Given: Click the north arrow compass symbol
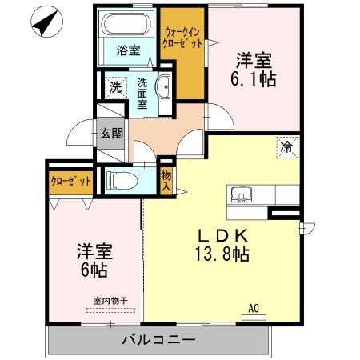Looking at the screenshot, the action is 47,22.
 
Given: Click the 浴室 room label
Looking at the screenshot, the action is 128,50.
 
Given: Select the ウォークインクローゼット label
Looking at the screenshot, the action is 182,38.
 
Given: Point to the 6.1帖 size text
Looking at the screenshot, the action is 253,79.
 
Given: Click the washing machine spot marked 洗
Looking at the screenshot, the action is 116,87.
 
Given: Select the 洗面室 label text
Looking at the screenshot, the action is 142,94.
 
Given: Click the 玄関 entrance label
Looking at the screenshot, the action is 111,134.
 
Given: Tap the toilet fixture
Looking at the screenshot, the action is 122,181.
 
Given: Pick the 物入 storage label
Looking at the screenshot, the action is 166,181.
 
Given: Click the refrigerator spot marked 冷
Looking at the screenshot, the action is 287,147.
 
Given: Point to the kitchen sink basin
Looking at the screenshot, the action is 242,194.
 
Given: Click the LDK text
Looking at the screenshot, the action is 222,235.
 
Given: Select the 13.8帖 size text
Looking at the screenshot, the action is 222,254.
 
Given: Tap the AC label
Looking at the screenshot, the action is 254,309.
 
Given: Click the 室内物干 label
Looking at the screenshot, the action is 110,301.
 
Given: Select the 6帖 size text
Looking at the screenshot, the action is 94,270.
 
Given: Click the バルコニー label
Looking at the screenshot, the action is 158,340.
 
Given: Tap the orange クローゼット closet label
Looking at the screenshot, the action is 71,182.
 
